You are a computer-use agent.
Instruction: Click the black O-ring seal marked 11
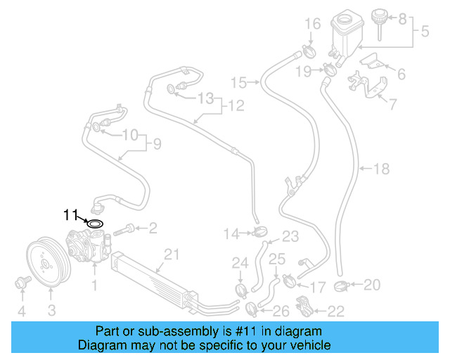(94, 224)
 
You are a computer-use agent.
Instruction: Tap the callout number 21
(169, 254)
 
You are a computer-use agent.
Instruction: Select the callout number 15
(239, 83)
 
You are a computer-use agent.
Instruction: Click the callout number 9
(156, 145)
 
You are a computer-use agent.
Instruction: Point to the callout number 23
(290, 236)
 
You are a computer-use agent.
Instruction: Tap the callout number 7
(393, 105)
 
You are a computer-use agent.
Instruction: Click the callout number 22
(337, 310)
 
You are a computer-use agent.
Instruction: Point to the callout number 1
(94, 285)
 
